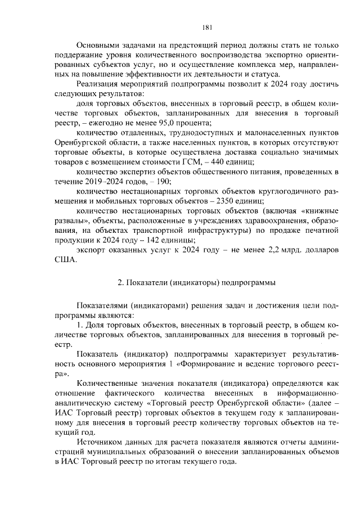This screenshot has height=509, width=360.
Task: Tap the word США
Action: tap(65, 260)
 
